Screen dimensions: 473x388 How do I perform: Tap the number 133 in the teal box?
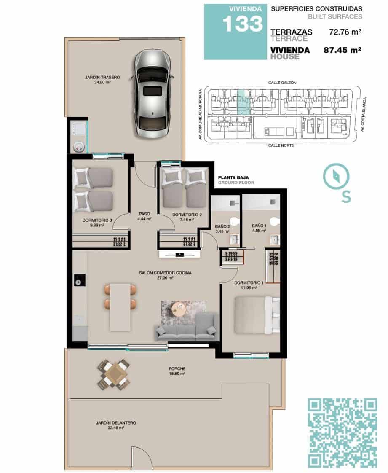(x=242, y=24)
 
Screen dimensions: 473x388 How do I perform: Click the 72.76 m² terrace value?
(x=345, y=32)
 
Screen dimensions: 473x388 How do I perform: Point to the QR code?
(x=343, y=433)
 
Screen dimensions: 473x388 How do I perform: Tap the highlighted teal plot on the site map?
(x=241, y=102)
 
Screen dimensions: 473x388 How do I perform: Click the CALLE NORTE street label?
(x=281, y=145)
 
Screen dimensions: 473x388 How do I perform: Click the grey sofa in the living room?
(x=187, y=327)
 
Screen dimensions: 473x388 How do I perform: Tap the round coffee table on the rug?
(x=179, y=308)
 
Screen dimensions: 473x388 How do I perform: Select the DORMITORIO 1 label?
(x=249, y=283)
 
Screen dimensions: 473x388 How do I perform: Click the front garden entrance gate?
(x=141, y=459)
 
